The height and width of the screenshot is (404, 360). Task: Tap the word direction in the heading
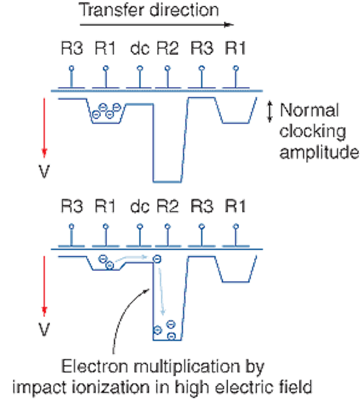pyautogui.click(x=184, y=10)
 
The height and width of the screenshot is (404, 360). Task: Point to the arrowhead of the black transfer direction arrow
pyautogui.click(x=229, y=25)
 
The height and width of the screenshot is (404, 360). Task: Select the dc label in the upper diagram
pyautogui.click(x=140, y=48)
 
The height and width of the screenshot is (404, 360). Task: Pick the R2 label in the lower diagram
pyautogui.click(x=168, y=206)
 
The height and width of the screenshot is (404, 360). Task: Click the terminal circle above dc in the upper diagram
pyautogui.click(x=140, y=68)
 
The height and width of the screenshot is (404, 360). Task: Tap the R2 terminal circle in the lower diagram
pyautogui.click(x=168, y=227)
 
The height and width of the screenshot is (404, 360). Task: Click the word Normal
pyautogui.click(x=310, y=110)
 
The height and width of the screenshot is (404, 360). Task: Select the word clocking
pyautogui.click(x=312, y=132)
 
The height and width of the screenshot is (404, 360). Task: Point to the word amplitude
pyautogui.click(x=319, y=153)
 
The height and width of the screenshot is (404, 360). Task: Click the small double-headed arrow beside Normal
pyautogui.click(x=269, y=112)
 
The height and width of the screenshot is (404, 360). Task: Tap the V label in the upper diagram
pyautogui.click(x=44, y=171)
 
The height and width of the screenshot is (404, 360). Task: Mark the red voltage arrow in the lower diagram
pyautogui.click(x=44, y=286)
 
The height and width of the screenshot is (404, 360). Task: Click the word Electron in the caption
pyautogui.click(x=95, y=366)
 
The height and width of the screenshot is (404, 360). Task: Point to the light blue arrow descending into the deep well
pyautogui.click(x=161, y=292)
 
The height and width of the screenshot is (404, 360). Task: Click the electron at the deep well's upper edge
pyautogui.click(x=157, y=259)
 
